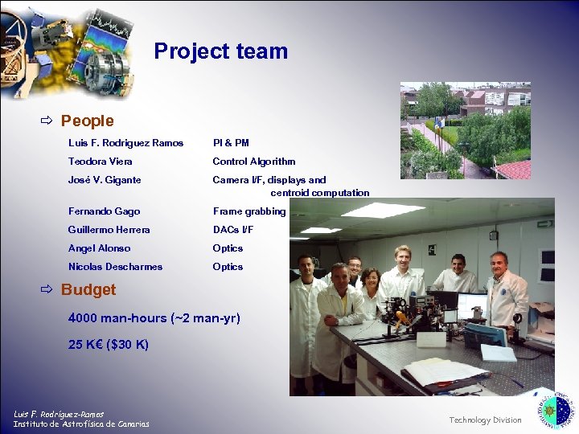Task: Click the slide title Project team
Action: point(220,51)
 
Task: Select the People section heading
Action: point(87,121)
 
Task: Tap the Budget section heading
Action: point(88,290)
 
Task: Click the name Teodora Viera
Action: point(101,162)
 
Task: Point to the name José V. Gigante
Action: point(105,180)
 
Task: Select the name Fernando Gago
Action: point(104,211)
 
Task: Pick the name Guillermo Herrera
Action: point(109,230)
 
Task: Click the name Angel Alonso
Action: point(99,248)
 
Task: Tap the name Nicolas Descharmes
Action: point(115,267)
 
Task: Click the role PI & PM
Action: point(231,143)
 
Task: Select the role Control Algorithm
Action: point(253,162)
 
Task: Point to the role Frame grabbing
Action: point(248,211)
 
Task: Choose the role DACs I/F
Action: point(232,230)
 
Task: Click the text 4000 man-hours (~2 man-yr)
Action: point(154,318)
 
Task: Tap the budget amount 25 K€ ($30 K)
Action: point(109,345)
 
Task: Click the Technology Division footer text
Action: point(485,420)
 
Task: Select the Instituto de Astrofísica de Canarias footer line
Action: point(81,424)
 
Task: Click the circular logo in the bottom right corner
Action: point(556,411)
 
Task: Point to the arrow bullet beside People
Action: point(47,121)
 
